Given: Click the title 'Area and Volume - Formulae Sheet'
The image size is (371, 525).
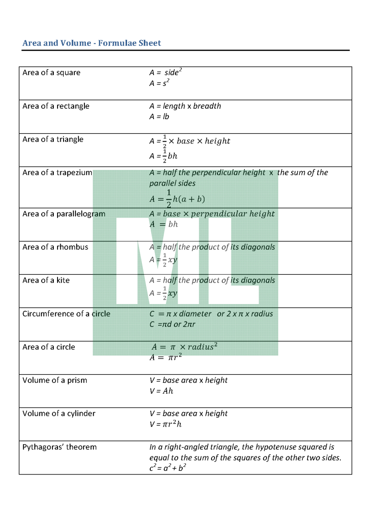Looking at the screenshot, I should click(92, 43).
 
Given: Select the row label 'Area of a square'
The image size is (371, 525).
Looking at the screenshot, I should click(51, 72).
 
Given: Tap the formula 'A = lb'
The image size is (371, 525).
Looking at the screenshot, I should click(159, 117).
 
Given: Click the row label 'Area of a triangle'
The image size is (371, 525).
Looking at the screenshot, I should click(53, 139).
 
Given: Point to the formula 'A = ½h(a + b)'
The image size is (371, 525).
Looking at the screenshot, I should click(177, 199).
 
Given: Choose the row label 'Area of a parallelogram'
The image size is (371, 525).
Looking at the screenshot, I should click(64, 214).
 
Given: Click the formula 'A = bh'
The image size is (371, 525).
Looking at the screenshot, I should click(164, 224).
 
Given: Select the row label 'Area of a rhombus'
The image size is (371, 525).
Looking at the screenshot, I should click(55, 247).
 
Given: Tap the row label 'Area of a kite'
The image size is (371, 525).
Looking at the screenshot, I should click(46, 280).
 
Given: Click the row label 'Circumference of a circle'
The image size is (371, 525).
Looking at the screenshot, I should click(66, 314).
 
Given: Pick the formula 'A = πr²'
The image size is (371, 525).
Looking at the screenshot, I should click(166, 357).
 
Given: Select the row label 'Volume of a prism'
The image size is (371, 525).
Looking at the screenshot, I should click(55, 380).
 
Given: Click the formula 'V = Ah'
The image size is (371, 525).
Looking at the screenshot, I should click(161, 391).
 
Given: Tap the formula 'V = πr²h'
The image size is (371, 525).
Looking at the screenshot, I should click(166, 424).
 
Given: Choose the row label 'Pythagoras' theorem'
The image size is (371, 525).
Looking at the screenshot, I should click(59, 447).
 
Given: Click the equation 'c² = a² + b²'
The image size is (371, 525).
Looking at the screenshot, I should click(168, 468).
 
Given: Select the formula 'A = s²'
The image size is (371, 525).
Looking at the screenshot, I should click(160, 83).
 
